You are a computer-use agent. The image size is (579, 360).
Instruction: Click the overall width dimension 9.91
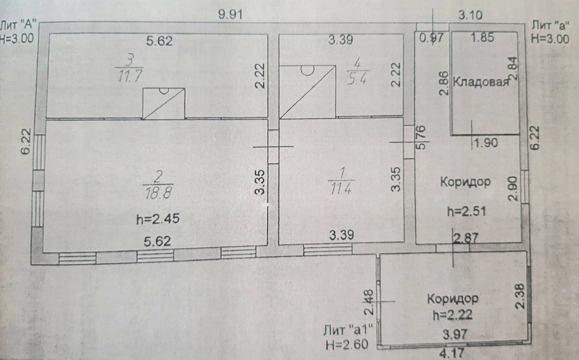tap(230, 14)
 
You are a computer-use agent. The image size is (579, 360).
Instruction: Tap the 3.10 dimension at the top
tap(470, 15)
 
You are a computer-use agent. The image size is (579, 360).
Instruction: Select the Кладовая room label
tap(481, 82)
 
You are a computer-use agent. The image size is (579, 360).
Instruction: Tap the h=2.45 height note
tap(158, 218)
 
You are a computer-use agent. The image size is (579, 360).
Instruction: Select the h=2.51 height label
tap(466, 211)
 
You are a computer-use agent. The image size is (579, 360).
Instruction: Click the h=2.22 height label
tap(452, 315)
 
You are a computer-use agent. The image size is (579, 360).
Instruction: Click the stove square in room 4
tap(307, 92)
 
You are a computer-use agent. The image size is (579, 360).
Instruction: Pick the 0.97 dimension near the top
tap(432, 38)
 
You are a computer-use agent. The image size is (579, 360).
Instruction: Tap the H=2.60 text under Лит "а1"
tap(347, 344)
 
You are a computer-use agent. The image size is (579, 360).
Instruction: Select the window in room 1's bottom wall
tap(327, 249)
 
